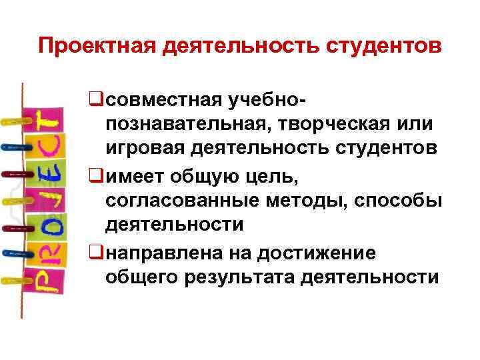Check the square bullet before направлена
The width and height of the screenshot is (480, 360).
[96, 253]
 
